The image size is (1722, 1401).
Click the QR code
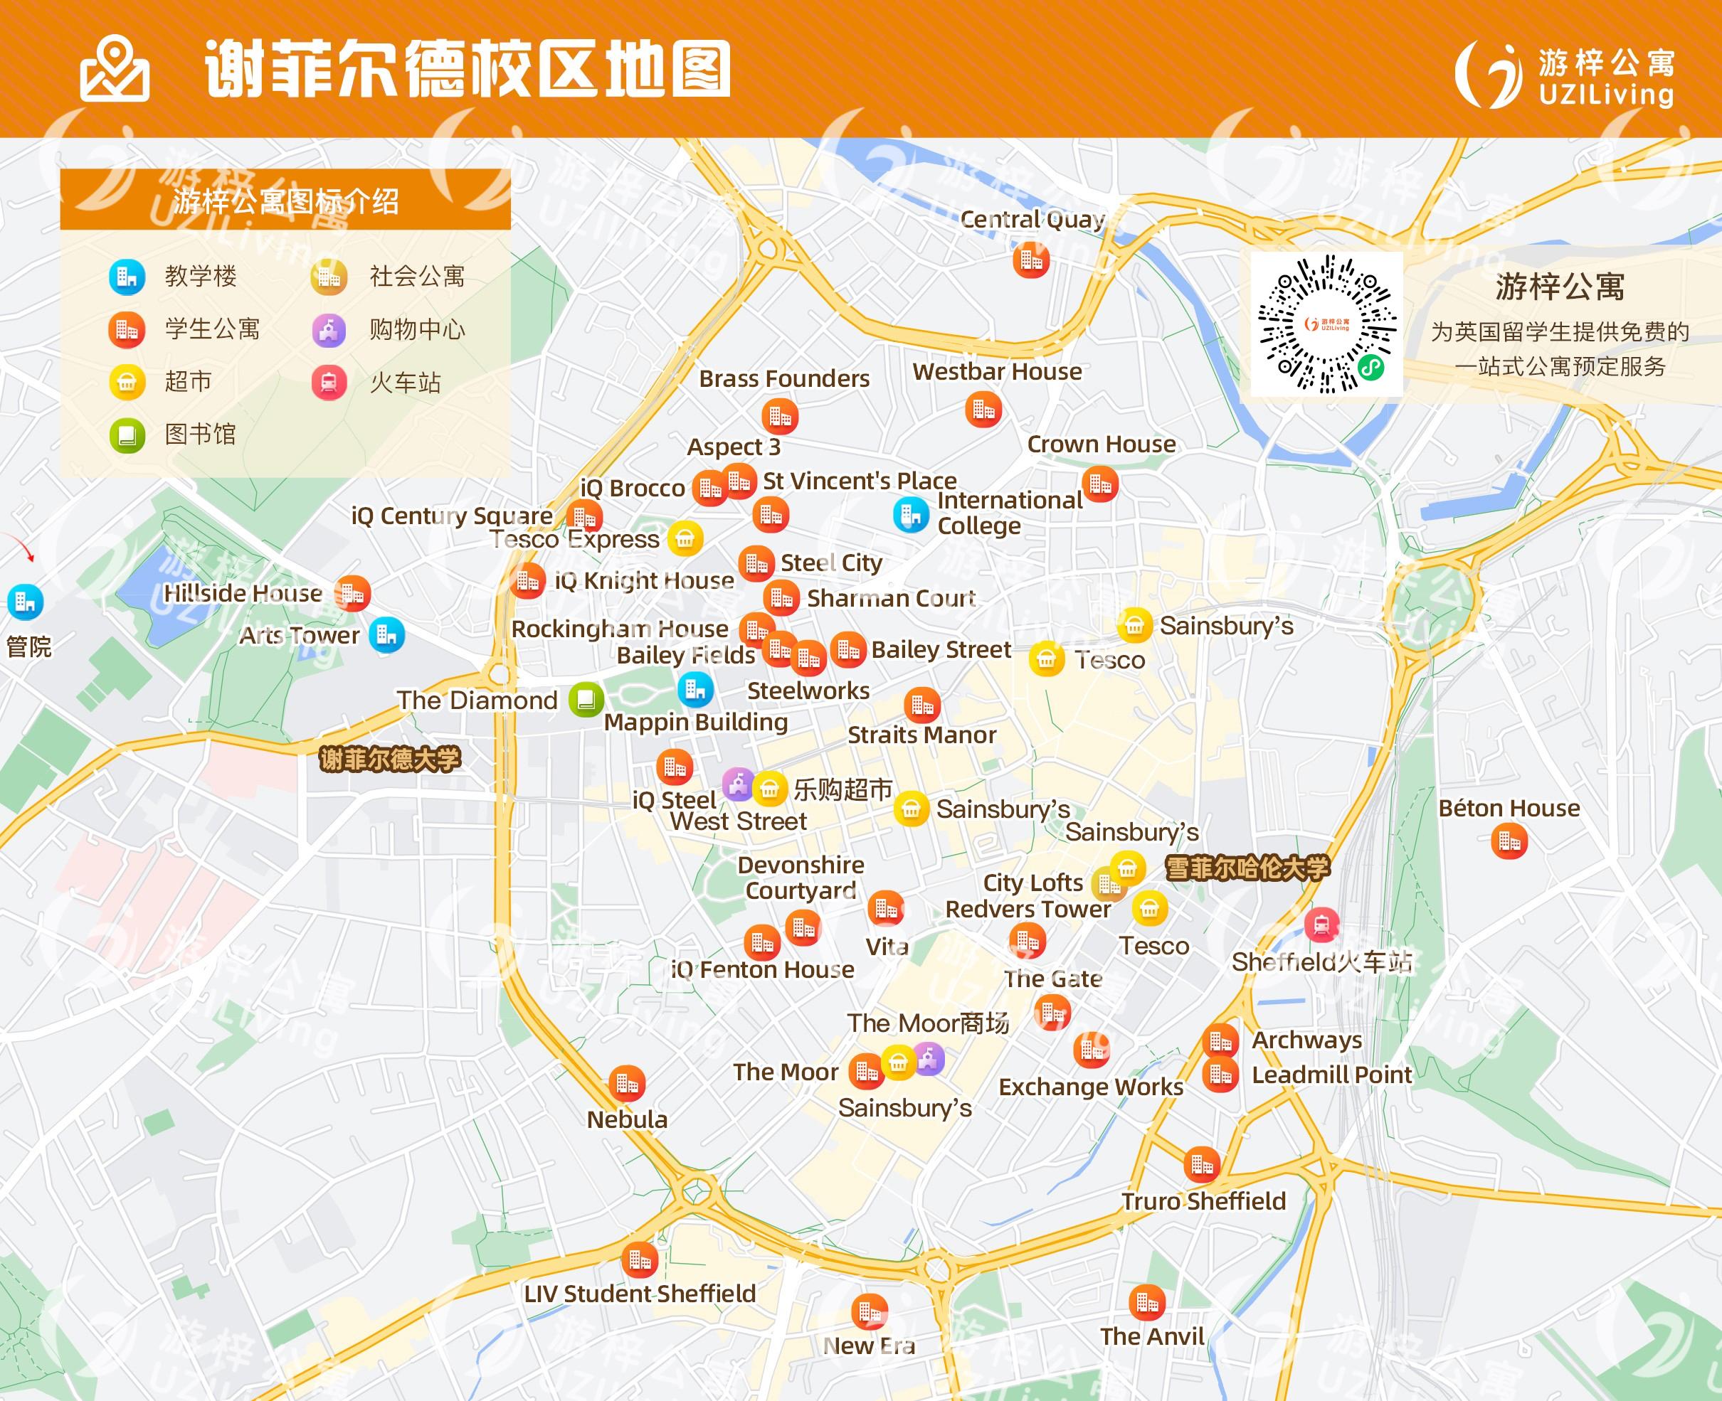pos(1326,324)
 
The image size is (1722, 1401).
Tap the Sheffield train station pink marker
pos(1321,925)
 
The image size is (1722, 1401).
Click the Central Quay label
pos(1032,220)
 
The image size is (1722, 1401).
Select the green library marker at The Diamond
pos(586,700)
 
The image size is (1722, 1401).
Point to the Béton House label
pos(1509,808)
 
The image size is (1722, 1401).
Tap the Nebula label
pos(628,1119)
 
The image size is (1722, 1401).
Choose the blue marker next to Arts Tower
pos(386,634)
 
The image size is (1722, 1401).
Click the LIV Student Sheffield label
pos(640,1294)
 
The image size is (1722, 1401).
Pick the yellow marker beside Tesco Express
pos(685,538)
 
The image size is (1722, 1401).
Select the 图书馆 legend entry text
pos(200,435)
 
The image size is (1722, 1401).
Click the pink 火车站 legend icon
pos(329,383)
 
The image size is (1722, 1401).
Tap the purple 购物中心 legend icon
pos(329,330)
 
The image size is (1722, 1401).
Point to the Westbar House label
pos(997,371)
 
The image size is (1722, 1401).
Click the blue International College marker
pos(911,514)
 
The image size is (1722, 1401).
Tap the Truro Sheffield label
pos(1203,1201)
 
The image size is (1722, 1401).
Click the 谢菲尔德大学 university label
pos(390,760)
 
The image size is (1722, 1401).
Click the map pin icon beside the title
pos(114,70)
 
